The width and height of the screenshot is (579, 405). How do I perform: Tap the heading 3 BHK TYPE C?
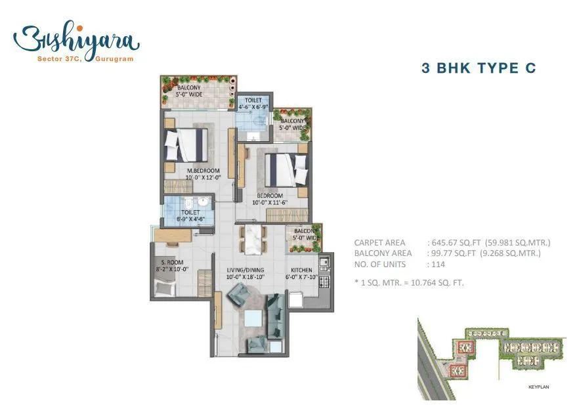point(478,68)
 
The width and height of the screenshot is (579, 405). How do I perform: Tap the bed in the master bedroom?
point(186,144)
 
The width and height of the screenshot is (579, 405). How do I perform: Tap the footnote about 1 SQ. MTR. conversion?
point(409,283)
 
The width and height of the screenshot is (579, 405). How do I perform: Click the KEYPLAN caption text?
point(538,387)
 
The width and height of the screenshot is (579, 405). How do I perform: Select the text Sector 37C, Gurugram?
point(77,59)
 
